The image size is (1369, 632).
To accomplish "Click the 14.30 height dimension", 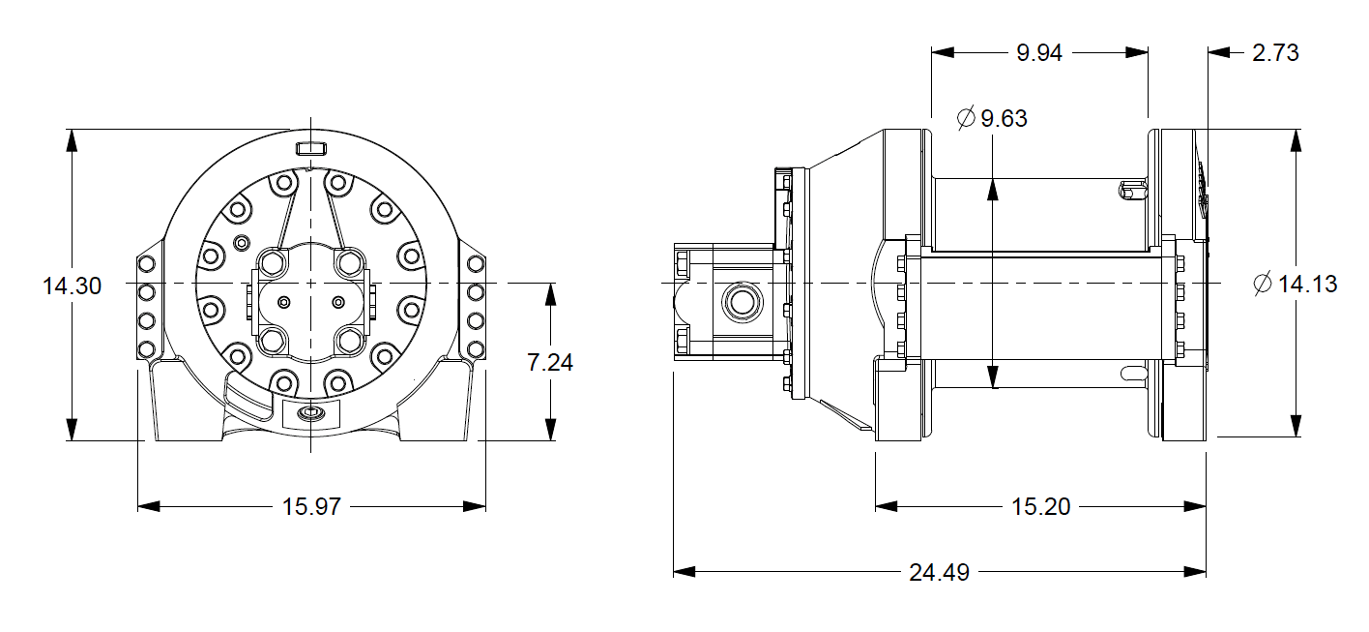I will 73,286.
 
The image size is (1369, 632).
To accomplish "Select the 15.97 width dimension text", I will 311,506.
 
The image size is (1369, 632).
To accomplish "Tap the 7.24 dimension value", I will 550,363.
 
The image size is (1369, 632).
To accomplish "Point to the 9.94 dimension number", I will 1039,53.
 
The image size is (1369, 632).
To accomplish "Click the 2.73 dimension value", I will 1275,53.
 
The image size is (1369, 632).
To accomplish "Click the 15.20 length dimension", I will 1040,506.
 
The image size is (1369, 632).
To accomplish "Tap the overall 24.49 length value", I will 939,572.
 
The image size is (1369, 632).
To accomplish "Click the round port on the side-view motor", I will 743,301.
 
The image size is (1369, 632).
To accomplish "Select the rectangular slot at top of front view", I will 310,148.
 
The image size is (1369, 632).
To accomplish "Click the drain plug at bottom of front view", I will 310,415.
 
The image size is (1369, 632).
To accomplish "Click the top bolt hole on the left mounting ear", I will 147,264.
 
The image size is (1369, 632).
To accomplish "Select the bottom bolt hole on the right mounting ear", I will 474,348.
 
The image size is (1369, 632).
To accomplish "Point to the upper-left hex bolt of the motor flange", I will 274,263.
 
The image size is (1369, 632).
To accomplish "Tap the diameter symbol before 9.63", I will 965,119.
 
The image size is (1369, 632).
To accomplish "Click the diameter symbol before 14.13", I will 1262,285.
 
